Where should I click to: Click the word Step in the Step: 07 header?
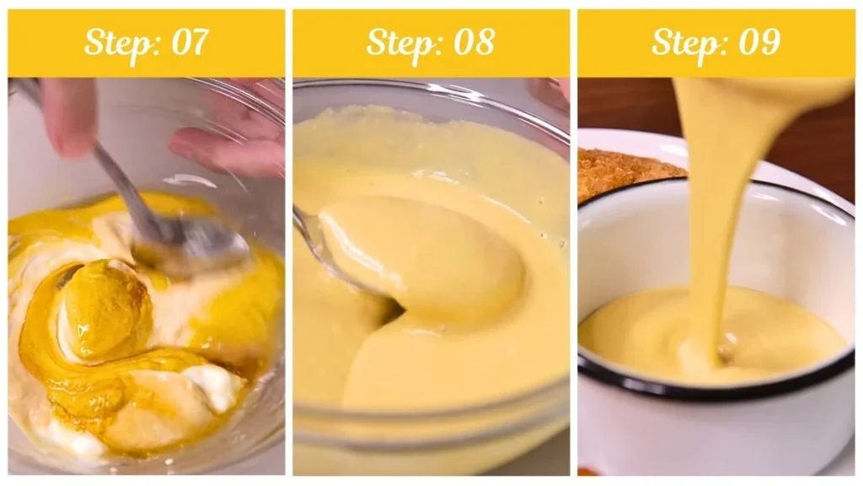click(x=115, y=43)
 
